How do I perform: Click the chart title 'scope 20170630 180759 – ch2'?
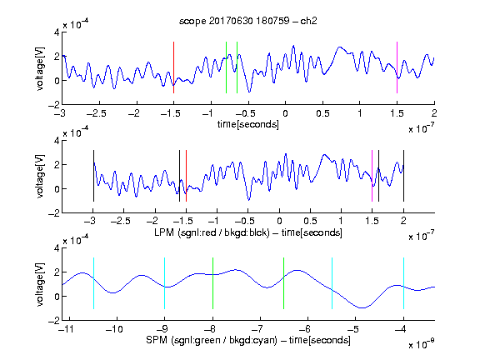pyautogui.click(x=247, y=21)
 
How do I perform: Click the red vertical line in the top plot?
pyautogui.click(x=173, y=67)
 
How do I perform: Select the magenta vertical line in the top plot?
pyautogui.click(x=397, y=67)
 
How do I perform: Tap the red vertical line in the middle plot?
pyautogui.click(x=186, y=176)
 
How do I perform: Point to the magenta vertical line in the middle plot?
pyautogui.click(x=372, y=176)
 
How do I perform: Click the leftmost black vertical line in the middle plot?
pyautogui.click(x=93, y=176)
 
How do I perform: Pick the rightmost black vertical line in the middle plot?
pyautogui.click(x=403, y=176)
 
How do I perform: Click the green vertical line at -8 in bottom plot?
pyautogui.click(x=212, y=283)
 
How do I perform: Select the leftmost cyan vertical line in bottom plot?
pyautogui.click(x=93, y=283)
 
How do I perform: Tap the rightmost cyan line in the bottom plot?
pyautogui.click(x=403, y=283)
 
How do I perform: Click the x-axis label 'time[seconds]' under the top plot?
pyautogui.click(x=248, y=124)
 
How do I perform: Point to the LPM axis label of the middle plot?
pyautogui.click(x=248, y=232)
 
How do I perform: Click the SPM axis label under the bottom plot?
pyautogui.click(x=248, y=340)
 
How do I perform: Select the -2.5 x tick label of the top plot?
pyautogui.click(x=96, y=113)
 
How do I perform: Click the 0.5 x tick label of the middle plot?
pyautogui.click(x=310, y=221)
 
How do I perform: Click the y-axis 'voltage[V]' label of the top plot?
pyautogui.click(x=40, y=68)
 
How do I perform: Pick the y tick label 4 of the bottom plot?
pyautogui.click(x=57, y=248)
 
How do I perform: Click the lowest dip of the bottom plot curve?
pyautogui.click(x=362, y=307)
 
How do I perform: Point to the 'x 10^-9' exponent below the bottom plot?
pyautogui.click(x=422, y=344)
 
